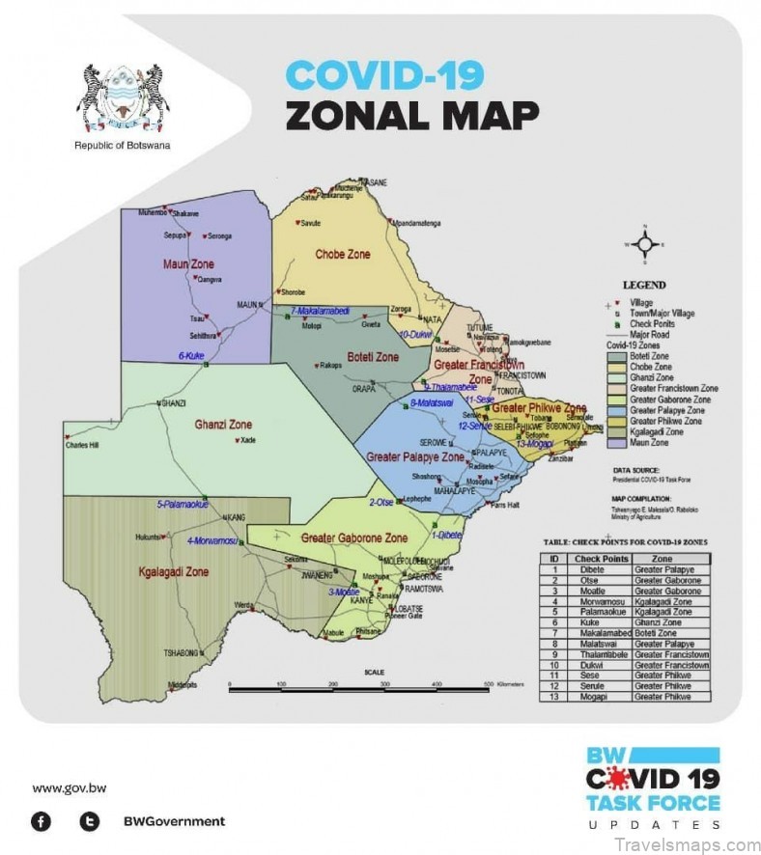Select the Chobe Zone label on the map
tap(343, 255)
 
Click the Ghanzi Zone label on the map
tap(223, 424)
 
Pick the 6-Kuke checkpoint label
tap(191, 356)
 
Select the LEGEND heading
tap(644, 286)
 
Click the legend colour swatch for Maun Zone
tap(615, 443)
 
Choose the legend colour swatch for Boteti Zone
tap(615, 355)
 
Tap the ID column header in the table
tap(553, 559)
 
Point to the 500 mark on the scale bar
tap(489, 683)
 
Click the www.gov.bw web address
tap(70, 787)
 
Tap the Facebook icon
tap(42, 821)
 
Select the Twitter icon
tap(90, 821)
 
